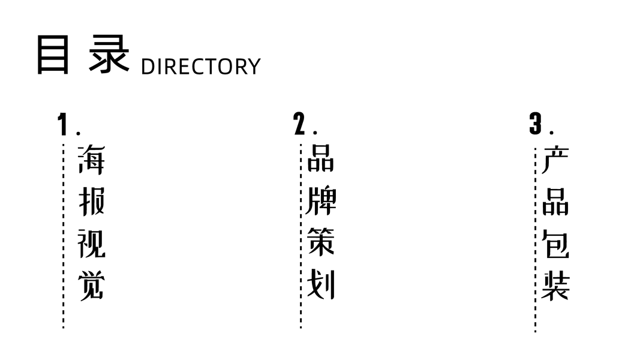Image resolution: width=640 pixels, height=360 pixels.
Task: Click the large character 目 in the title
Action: [x=53, y=54]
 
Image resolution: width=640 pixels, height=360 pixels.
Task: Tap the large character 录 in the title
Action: [x=110, y=54]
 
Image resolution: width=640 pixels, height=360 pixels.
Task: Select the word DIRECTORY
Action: [x=200, y=67]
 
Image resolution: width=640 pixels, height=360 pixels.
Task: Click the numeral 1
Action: [x=62, y=125]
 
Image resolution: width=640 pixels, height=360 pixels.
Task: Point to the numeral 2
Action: [x=299, y=124]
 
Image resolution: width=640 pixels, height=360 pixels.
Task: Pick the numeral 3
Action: [x=535, y=124]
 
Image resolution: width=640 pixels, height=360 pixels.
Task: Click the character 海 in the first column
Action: [x=91, y=160]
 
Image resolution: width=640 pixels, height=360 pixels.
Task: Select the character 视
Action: [x=91, y=244]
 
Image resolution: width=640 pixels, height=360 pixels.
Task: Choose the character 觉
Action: [x=91, y=286]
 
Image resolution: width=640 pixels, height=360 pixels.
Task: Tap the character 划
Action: [x=321, y=286]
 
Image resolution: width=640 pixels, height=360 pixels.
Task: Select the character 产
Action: [x=555, y=160]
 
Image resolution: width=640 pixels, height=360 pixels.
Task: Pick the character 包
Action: [x=555, y=244]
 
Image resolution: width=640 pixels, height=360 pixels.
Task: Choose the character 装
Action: [x=555, y=286]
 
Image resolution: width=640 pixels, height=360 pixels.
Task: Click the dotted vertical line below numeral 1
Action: [x=64, y=240]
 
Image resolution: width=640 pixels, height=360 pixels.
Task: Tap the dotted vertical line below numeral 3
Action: [x=535, y=240]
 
